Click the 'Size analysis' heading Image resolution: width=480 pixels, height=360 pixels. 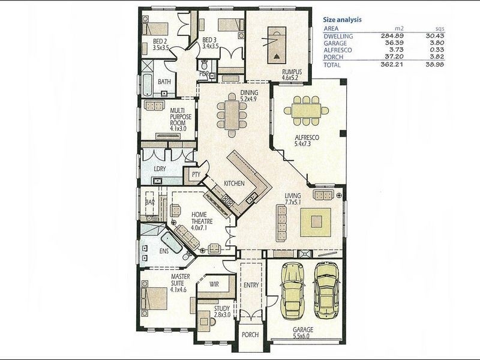click(343, 19)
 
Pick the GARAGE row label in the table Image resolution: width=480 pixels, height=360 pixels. click(335, 44)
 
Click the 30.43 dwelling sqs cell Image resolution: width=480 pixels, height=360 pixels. click(441, 36)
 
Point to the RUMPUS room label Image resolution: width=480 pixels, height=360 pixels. click(291, 72)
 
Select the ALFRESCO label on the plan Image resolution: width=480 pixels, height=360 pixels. click(306, 137)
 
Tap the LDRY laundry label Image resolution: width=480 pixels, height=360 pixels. click(160, 169)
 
